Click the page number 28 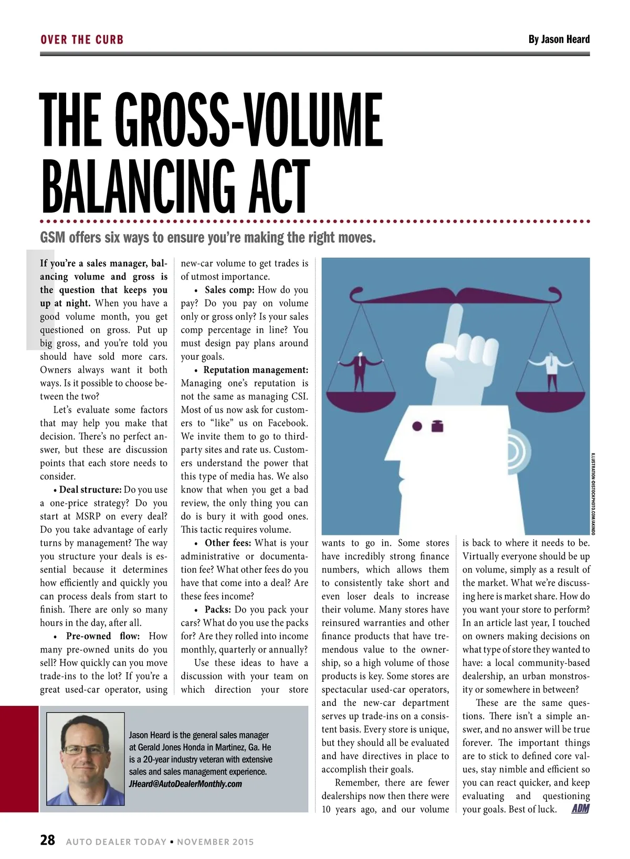[x=47, y=840]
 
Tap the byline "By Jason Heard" [x=559, y=39]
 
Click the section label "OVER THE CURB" [x=82, y=40]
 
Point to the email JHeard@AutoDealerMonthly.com [x=185, y=784]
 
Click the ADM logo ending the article [x=580, y=809]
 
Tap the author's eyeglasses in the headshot [x=85, y=749]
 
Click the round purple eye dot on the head [x=417, y=426]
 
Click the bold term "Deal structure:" [x=90, y=490]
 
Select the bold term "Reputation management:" [x=256, y=370]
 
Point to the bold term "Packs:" [x=217, y=609]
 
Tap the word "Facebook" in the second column [x=287, y=423]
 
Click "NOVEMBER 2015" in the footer [x=215, y=842]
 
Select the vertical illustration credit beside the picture [x=593, y=493]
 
